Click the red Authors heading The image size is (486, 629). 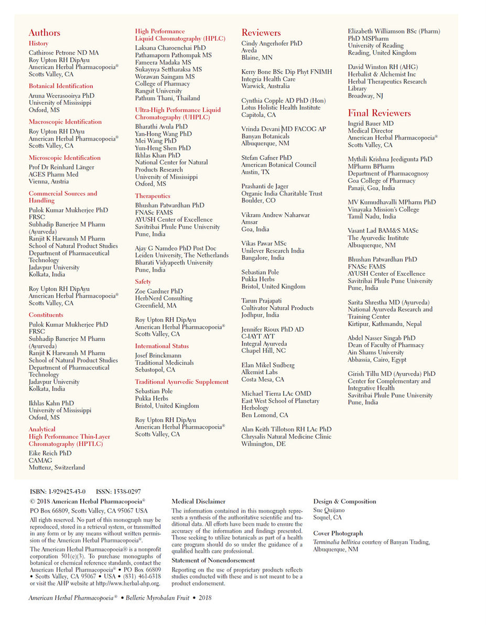[45, 33]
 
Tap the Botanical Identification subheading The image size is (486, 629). [61, 86]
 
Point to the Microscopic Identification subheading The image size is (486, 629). [64, 158]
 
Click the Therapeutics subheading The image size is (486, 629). [153, 196]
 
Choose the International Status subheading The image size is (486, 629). [162, 346]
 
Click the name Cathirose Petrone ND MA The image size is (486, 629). [63, 53]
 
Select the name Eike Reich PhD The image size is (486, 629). [50, 453]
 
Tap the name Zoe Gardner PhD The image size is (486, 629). [159, 291]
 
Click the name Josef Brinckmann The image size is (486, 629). [158, 355]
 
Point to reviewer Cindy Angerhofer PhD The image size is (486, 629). [272, 44]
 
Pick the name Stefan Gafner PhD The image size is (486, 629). [266, 158]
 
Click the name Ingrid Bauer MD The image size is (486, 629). [371, 124]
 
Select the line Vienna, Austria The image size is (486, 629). [49, 181]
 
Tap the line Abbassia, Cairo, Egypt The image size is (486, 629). [377, 360]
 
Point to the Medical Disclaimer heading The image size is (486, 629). [198, 502]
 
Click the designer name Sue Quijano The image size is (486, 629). [329, 510]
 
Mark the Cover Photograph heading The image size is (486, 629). [338, 534]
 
